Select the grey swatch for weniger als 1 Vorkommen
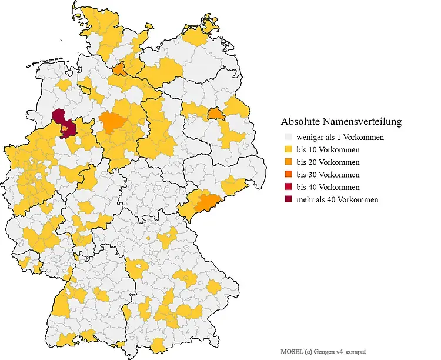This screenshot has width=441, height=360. coord(288,137)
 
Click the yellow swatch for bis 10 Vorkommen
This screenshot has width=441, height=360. coord(288,149)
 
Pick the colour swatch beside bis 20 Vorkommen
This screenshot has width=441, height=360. coord(288,162)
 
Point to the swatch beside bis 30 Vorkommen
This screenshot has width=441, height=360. coord(288,175)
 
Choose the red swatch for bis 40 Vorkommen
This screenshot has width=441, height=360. coord(288,187)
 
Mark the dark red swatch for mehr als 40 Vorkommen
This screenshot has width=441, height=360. coord(288,199)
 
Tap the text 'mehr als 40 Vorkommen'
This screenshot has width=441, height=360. coord(337,199)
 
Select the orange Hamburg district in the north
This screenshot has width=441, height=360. coord(119,70)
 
